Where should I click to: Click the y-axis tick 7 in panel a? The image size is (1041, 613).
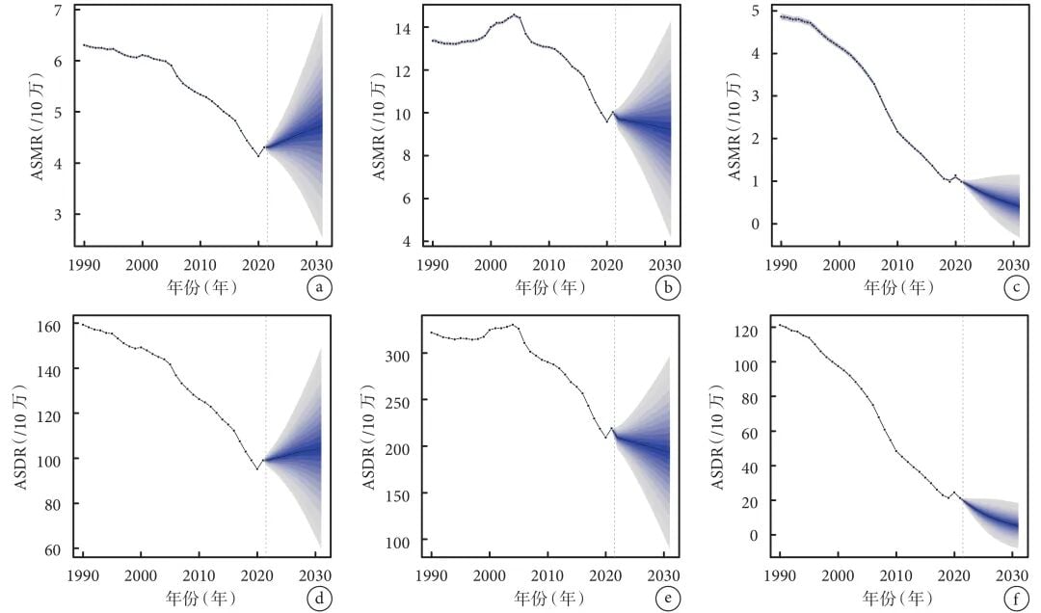[x=59, y=11]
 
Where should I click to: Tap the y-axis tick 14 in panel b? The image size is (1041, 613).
[x=403, y=29]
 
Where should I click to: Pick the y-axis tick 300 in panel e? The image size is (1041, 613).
[x=399, y=355]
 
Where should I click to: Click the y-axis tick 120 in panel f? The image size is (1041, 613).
[x=748, y=331]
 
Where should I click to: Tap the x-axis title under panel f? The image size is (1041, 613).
[x=895, y=598]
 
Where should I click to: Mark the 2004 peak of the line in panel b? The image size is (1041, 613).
[x=515, y=15]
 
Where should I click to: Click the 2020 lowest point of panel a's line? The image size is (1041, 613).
[x=257, y=155]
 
